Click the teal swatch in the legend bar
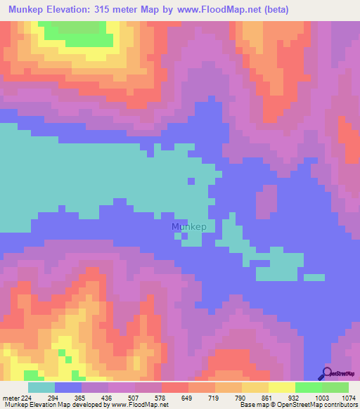[x=41, y=387]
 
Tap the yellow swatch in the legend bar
[x=281, y=387]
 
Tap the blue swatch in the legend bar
[x=67, y=387]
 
